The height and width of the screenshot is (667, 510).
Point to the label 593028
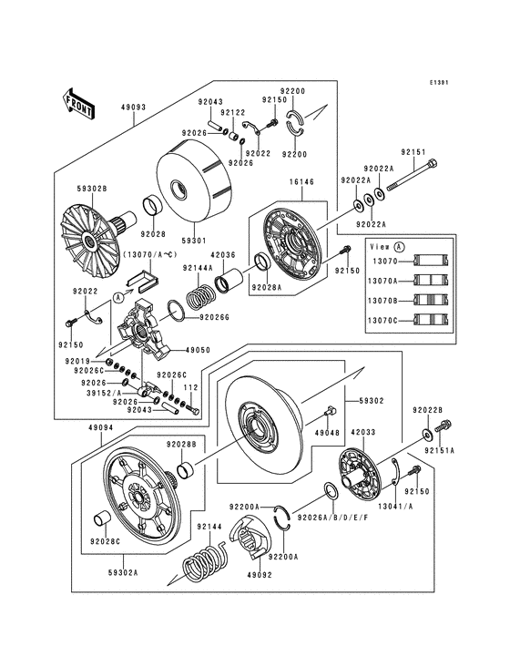(x=91, y=189)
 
